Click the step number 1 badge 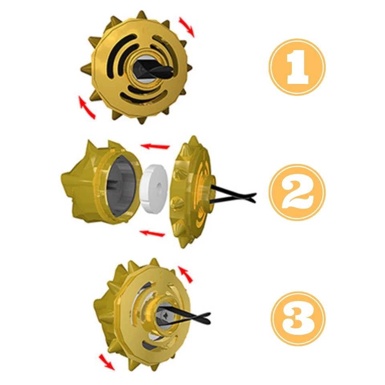297,67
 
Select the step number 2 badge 297,192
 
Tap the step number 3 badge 298,319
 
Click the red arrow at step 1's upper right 186,27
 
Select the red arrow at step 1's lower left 87,107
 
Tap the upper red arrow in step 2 155,147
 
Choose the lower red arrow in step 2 152,233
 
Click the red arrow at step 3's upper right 185,274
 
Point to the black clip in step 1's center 153,69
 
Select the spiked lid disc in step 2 193,192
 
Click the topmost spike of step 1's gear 142,14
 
